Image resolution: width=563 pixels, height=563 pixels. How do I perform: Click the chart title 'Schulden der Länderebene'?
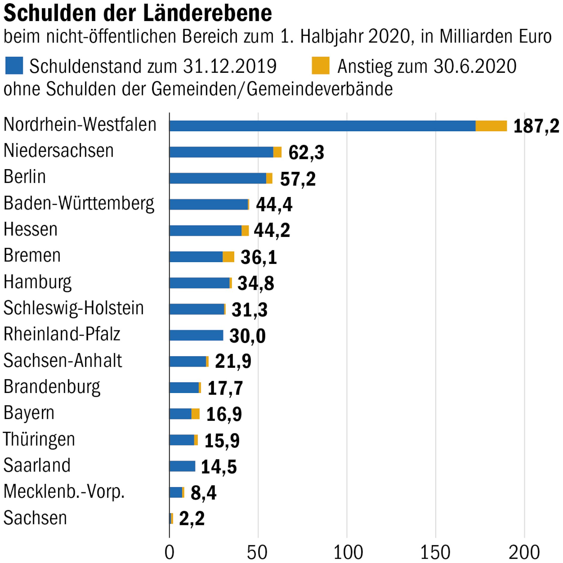(x=138, y=13)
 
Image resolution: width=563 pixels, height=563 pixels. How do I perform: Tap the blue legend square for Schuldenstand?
(x=14, y=66)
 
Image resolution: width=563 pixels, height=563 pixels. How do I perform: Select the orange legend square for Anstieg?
(x=320, y=66)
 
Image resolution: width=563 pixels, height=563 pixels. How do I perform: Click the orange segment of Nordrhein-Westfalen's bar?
(x=491, y=126)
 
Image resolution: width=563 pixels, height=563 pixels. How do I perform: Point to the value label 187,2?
(x=536, y=126)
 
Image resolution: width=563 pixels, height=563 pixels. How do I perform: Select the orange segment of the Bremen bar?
(x=228, y=257)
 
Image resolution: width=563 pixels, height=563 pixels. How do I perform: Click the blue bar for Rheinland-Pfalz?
(x=196, y=335)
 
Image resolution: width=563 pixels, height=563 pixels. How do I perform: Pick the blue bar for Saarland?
(x=182, y=466)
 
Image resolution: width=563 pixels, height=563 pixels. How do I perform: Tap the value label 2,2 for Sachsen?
(x=192, y=518)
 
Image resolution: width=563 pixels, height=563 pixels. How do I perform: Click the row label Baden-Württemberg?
(x=79, y=204)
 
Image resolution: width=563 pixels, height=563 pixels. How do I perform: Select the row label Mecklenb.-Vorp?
(x=64, y=492)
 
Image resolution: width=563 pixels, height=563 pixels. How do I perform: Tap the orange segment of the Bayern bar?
(x=196, y=414)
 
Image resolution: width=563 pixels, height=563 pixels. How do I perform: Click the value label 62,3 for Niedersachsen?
(x=306, y=152)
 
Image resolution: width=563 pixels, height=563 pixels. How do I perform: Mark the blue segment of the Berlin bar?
(x=218, y=178)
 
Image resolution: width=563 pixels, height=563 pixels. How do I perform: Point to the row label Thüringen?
(x=39, y=440)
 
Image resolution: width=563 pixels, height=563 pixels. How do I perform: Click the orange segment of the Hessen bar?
(x=245, y=231)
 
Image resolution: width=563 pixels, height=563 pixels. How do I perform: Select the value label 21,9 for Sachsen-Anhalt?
(x=233, y=361)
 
